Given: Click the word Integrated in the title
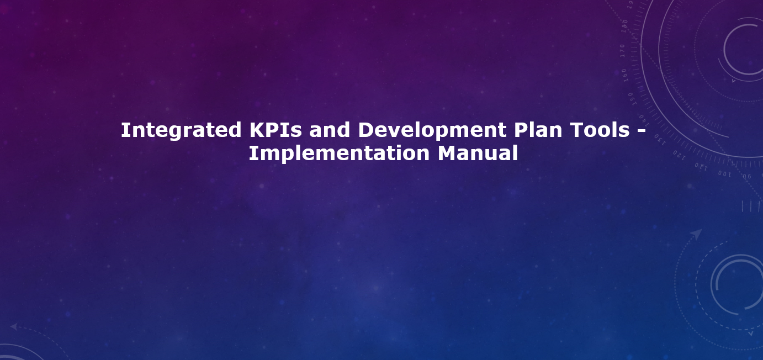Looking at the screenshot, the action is coord(181,131).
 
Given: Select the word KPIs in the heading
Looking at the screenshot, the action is coord(275,130).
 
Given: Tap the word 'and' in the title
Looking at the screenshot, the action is coord(330,130).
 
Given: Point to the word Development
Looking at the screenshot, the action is coord(432,131).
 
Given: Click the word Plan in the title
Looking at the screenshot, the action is coord(538,130).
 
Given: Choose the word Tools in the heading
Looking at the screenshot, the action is coord(600,130).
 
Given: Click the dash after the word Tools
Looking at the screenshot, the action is coord(641,131).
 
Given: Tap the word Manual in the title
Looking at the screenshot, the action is coord(478,153).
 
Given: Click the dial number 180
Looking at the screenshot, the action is coord(624,26).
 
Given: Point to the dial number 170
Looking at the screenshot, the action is coord(623,51).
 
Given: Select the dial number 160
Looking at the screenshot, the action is coord(624,75).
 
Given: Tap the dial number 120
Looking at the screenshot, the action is coord(679,155).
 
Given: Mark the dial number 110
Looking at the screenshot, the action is coord(701,167).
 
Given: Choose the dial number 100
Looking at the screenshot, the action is coord(724,174).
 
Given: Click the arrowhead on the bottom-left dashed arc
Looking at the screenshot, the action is coord(14,327).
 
